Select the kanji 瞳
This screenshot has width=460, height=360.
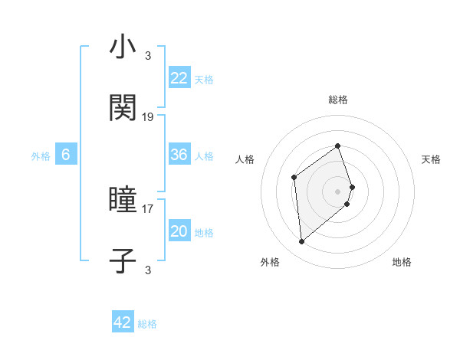[123, 201]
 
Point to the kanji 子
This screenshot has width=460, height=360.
[123, 260]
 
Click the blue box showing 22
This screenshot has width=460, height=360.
[179, 78]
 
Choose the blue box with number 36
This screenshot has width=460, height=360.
[179, 155]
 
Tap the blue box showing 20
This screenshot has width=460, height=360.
[179, 231]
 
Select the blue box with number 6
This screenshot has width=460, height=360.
[66, 155]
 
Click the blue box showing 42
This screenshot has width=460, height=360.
[123, 322]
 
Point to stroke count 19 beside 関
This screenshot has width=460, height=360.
[148, 117]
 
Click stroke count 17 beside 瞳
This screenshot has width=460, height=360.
[148, 208]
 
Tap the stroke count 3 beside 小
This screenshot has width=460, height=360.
[148, 55]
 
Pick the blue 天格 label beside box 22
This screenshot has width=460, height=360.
[204, 79]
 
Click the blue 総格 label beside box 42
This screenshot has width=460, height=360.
[147, 324]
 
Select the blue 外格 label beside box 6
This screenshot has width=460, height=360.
[41, 155]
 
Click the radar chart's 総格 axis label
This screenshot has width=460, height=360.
[338, 100]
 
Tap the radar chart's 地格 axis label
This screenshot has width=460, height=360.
[402, 262]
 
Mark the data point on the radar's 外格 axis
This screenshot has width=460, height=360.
[301, 242]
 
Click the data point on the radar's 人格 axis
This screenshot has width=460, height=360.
[294, 178]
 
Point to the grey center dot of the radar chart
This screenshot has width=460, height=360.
[338, 190]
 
